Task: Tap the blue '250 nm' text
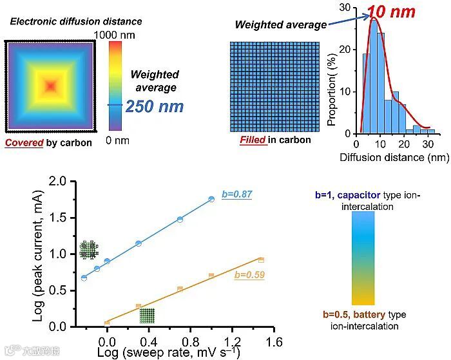[155, 106]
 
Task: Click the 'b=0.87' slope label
[237, 192]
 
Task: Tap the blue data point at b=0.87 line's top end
[211, 199]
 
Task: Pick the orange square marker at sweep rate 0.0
[107, 323]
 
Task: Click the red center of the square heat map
[50, 86]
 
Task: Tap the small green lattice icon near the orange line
[148, 316]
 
